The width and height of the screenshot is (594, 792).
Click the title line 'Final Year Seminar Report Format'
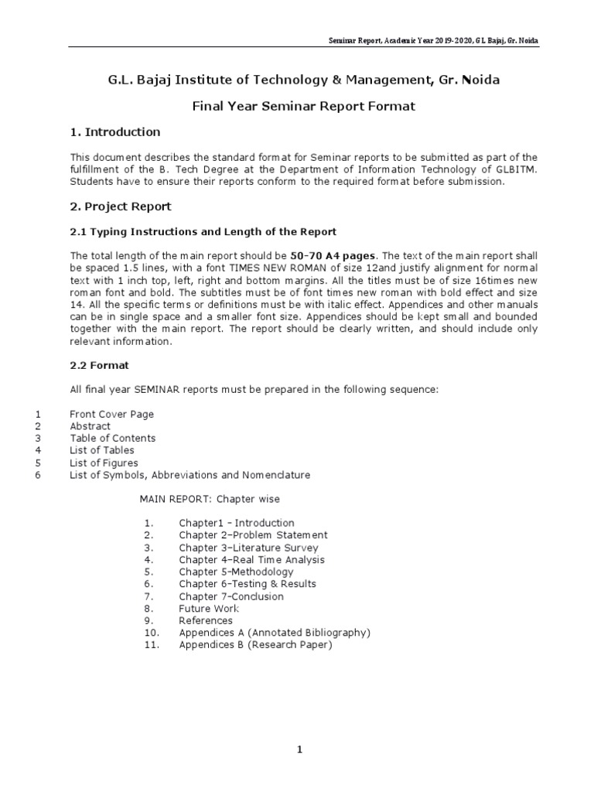(303, 106)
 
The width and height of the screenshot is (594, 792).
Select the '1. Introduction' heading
(115, 131)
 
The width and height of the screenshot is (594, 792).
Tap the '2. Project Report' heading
(121, 207)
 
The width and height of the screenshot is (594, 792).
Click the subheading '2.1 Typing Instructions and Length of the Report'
(203, 231)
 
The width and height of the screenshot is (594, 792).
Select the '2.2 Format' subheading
(99, 365)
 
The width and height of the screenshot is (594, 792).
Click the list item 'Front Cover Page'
(112, 414)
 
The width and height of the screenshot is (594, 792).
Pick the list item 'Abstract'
(90, 426)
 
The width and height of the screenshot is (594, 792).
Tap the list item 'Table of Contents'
(113, 438)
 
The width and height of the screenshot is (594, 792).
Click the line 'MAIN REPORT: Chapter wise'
(210, 499)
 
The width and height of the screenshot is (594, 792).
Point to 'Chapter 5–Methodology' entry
(236, 572)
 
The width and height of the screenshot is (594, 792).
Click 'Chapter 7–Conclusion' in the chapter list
(231, 596)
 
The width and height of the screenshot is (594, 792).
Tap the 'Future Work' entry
(209, 609)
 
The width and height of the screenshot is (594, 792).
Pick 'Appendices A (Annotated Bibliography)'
(275, 633)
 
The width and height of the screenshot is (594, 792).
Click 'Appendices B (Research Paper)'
(255, 645)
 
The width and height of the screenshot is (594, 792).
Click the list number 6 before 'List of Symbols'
(38, 475)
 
